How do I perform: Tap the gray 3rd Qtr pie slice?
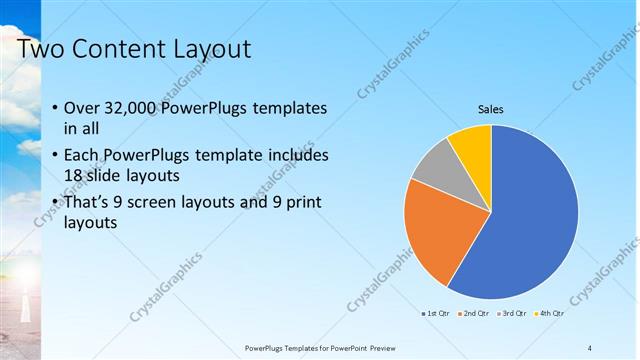(433, 164)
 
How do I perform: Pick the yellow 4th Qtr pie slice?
(471, 146)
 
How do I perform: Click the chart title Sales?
(490, 109)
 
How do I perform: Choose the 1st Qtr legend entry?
(437, 313)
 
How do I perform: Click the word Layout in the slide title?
(208, 49)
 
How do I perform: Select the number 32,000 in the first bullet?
(131, 108)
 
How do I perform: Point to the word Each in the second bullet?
(82, 156)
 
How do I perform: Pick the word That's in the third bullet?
(90, 203)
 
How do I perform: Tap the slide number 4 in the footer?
(589, 347)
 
